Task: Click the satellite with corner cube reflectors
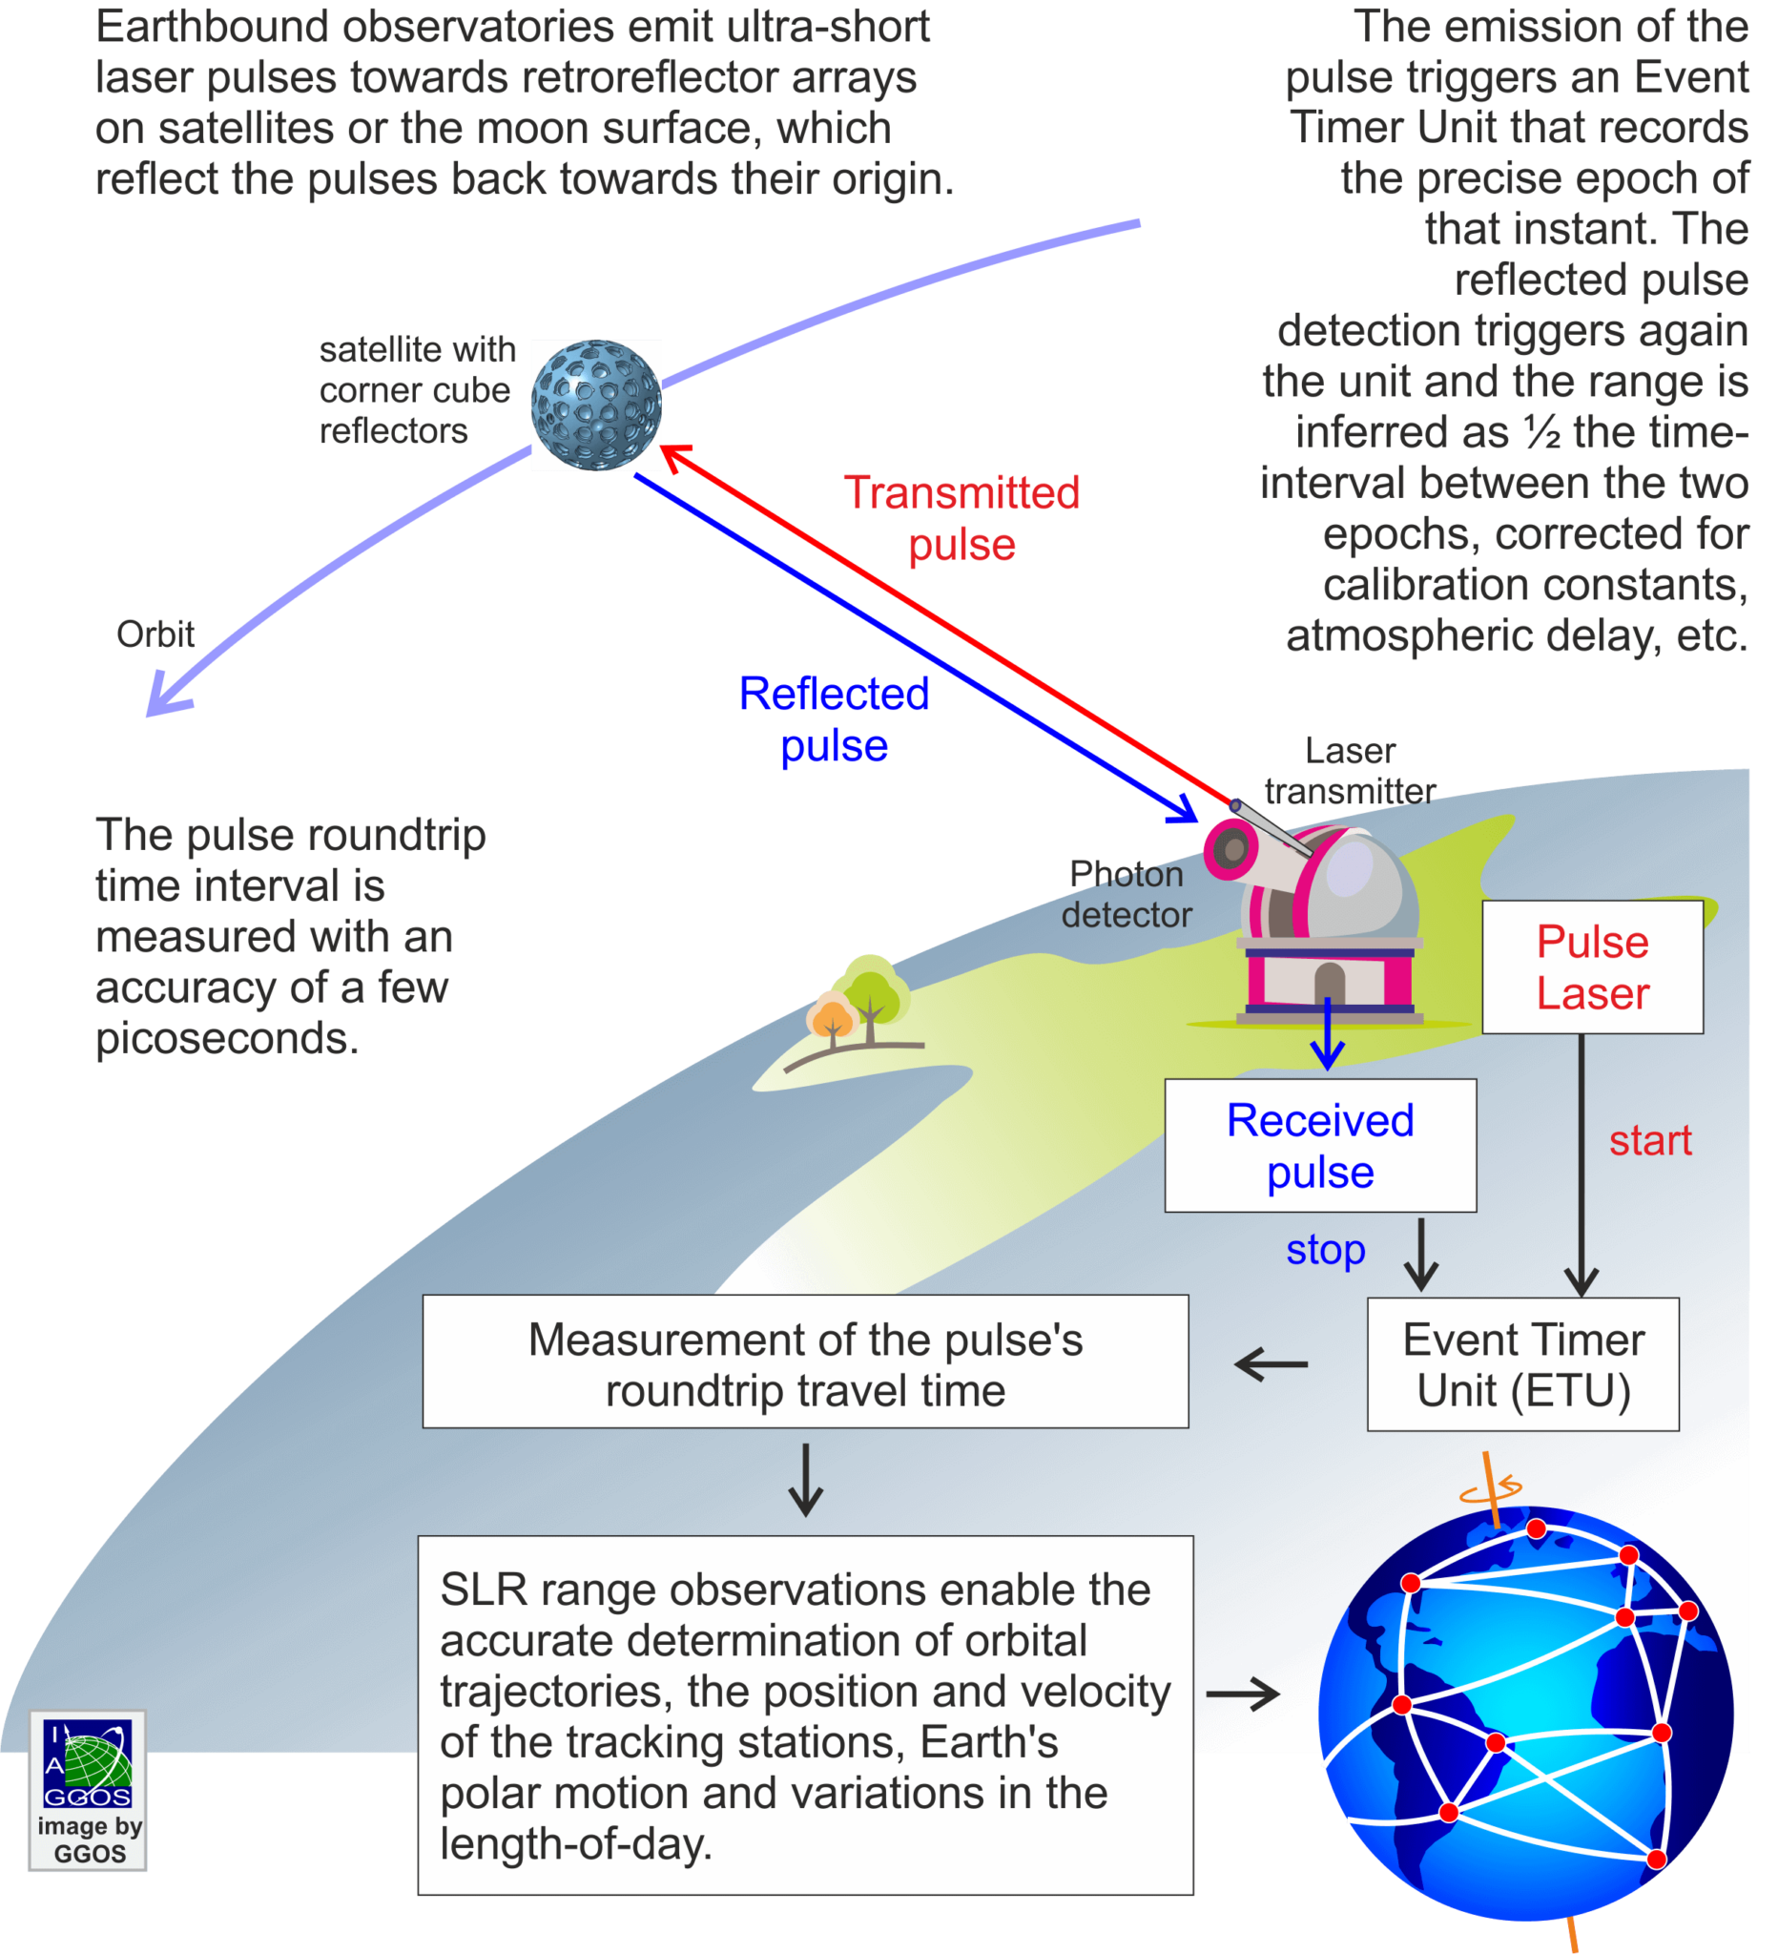596,405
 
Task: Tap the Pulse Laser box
1592,967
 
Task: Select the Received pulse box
1320,1145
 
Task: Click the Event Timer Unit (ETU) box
1522,1363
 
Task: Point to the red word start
1650,1140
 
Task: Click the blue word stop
1325,1249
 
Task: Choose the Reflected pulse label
834,719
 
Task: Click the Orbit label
155,634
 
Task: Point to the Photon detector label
1126,894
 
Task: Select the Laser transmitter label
1350,771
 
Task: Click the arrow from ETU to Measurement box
1271,1364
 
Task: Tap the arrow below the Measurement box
805,1480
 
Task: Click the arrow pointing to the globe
1243,1694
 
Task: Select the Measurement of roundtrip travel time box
805,1361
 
